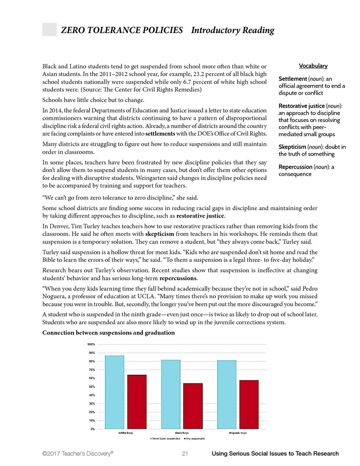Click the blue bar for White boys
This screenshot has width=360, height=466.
[115, 392]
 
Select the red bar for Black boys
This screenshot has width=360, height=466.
[193, 406]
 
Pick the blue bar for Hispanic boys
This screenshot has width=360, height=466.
[226, 394]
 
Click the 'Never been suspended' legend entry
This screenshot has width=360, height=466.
[165, 439]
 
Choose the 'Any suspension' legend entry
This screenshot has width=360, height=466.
[195, 439]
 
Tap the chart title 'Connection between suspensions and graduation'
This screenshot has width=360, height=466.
[109, 333]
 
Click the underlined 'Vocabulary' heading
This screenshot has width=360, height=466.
[313, 66]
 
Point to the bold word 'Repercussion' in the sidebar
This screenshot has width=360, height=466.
[297, 167]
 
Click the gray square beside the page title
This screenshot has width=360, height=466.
[49, 29]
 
